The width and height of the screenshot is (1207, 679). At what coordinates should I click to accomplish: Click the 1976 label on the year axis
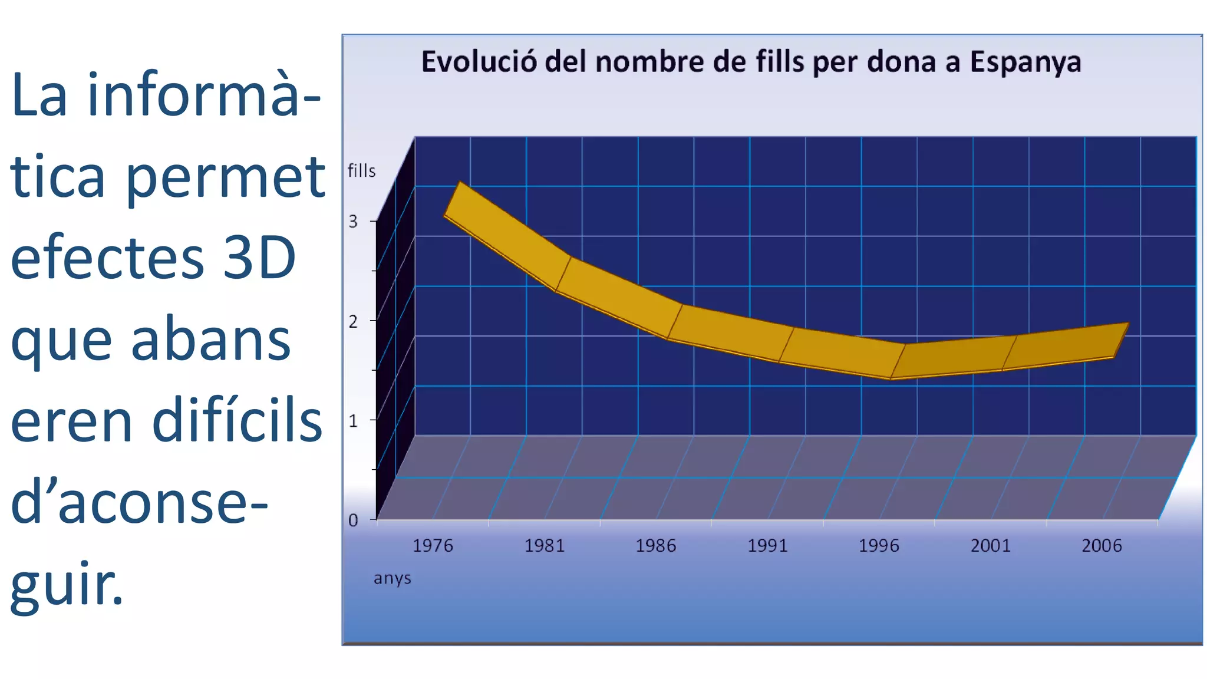click(x=433, y=546)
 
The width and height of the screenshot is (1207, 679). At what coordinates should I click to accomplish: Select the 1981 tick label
click(x=545, y=546)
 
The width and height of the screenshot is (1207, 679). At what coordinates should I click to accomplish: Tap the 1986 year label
click(x=655, y=546)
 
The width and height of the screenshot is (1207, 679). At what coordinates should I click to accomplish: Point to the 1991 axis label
click(x=767, y=546)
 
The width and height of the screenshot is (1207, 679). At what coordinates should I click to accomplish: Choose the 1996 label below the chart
click(x=879, y=546)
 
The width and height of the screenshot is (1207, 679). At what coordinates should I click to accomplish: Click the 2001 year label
click(x=991, y=546)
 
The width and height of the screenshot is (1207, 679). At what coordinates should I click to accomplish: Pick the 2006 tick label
click(x=1102, y=546)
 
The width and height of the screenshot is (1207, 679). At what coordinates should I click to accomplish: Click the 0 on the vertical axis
click(x=353, y=520)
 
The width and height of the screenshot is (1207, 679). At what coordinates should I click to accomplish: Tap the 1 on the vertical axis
click(x=353, y=421)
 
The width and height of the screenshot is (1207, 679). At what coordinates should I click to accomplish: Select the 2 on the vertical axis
click(x=353, y=322)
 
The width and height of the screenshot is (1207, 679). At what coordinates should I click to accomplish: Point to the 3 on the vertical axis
click(x=353, y=222)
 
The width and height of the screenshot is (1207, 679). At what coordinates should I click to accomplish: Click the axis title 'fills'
click(x=361, y=171)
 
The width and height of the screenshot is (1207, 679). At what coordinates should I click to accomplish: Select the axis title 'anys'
click(x=392, y=579)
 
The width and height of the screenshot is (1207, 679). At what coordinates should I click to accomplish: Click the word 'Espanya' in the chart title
click(x=1025, y=62)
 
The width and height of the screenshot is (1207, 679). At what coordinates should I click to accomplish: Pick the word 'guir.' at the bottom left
click(x=67, y=585)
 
